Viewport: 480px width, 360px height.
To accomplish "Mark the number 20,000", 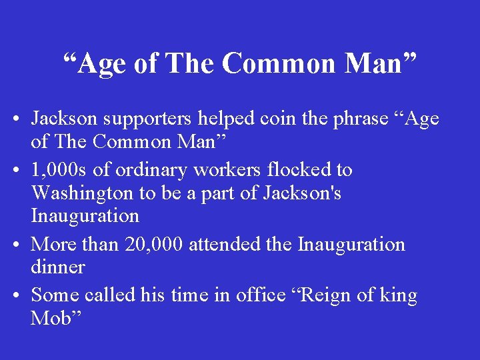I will (x=155, y=245).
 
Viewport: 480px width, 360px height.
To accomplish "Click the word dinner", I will (x=58, y=267).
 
